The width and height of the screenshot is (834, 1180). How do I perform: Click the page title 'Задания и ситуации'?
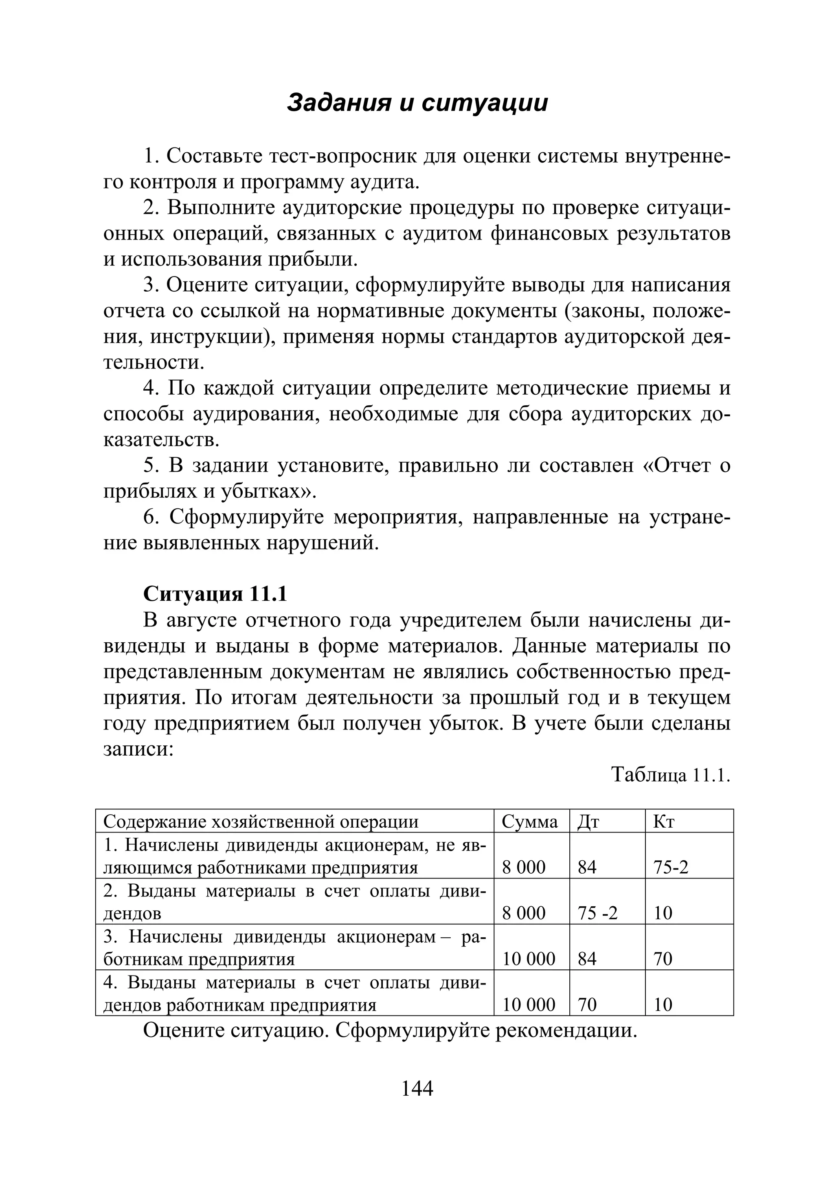(417, 103)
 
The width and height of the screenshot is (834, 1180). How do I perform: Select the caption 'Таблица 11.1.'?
(671, 774)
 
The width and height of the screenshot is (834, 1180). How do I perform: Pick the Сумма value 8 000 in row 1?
(524, 868)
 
